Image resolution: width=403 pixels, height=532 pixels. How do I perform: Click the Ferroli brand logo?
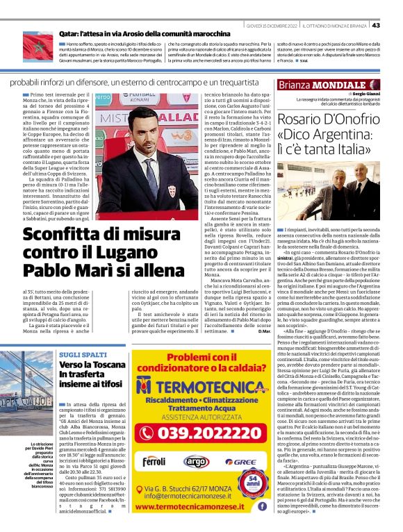[154, 461]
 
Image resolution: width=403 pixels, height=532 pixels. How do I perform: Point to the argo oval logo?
[196, 461]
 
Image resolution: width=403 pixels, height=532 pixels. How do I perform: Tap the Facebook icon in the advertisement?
[262, 506]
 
